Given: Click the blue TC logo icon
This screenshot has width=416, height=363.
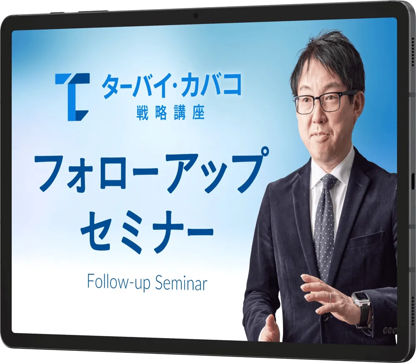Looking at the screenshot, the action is tap(72, 97).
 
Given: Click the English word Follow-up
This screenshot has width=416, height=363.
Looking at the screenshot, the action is tap(119, 284).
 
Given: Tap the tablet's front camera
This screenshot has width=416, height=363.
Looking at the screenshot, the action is tap(196, 16).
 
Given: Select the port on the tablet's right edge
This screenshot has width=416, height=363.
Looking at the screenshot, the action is tap(413, 181).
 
